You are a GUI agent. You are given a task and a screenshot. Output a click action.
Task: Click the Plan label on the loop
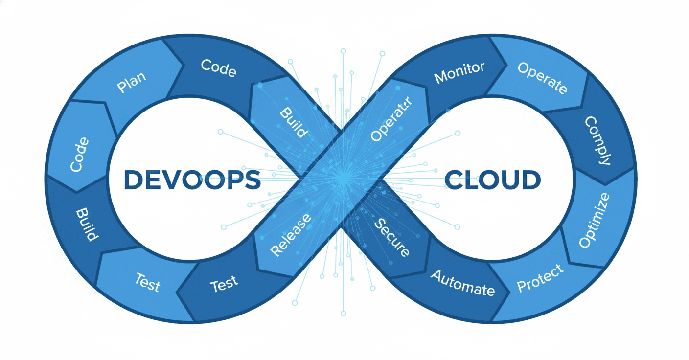click(132, 84)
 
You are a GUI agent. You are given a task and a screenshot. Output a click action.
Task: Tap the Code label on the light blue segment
click(79, 155)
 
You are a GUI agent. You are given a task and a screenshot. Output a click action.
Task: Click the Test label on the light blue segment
click(147, 283)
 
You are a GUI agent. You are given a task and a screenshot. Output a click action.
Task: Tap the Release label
click(291, 235)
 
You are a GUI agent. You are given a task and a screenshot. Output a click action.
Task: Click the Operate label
click(543, 78)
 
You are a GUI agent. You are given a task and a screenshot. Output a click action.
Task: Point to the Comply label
click(598, 140)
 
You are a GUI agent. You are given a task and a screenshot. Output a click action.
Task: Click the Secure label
click(391, 238)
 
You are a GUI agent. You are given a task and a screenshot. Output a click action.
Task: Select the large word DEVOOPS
click(192, 180)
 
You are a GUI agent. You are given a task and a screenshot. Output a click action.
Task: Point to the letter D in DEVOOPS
click(133, 180)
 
